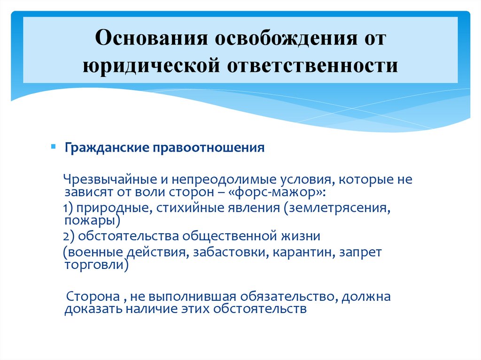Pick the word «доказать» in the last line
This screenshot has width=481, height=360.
(x=88, y=309)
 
